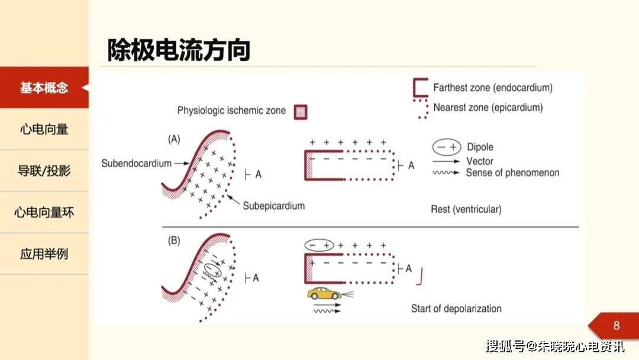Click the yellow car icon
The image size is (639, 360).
[x=324, y=294]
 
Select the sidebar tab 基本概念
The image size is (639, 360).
[x=44, y=88]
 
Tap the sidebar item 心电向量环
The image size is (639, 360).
[x=44, y=213]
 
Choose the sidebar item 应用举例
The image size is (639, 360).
[x=44, y=254]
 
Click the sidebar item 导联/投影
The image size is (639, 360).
[x=44, y=171]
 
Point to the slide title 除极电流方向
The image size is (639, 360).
[x=179, y=50]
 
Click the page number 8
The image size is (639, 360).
[x=616, y=325]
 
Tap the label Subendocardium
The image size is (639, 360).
[x=137, y=163]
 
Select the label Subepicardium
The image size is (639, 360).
[x=273, y=206]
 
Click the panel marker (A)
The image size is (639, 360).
[x=174, y=139]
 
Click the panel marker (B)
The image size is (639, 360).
[x=174, y=240]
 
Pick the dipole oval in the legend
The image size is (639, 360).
[x=447, y=147]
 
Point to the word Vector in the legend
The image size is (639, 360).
[x=480, y=161]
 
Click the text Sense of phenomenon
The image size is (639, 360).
[x=512, y=173]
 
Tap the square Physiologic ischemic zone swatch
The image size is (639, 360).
[x=301, y=112]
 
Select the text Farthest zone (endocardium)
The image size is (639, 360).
[x=493, y=88]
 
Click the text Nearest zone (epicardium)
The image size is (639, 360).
[x=488, y=108]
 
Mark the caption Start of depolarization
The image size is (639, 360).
[x=456, y=308]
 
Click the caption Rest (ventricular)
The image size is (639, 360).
[x=466, y=209]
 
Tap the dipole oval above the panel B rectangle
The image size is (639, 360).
[x=319, y=245]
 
